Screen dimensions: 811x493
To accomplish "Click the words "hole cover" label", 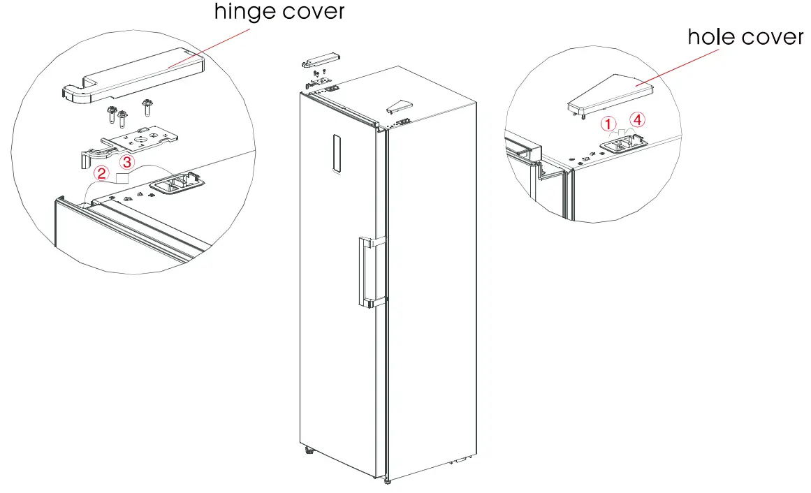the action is click(x=745, y=37).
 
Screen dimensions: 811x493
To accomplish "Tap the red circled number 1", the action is click(x=608, y=124).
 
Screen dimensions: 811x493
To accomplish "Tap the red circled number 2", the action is click(x=101, y=172).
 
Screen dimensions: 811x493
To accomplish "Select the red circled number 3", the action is click(x=126, y=162).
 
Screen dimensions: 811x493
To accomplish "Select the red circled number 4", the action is click(x=638, y=120).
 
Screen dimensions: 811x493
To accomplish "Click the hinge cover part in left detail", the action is click(x=133, y=76).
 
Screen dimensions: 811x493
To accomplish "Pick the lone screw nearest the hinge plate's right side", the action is click(x=147, y=107).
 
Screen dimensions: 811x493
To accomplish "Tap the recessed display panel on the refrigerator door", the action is click(x=337, y=154).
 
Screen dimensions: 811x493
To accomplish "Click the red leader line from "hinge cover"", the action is click(x=209, y=47).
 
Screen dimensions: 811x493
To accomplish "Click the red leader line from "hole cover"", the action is click(x=677, y=67).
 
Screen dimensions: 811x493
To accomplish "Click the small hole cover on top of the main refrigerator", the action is click(x=400, y=106).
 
